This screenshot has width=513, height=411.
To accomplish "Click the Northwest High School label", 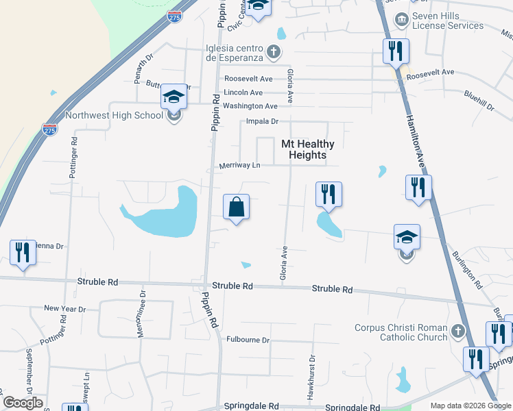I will (x=114, y=115).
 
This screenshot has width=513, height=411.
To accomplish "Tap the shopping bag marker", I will (x=235, y=207).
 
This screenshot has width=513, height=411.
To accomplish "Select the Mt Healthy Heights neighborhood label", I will (x=308, y=149).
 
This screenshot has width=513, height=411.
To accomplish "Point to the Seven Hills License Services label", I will (x=449, y=21).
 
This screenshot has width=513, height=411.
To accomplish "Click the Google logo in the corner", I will (x=23, y=403).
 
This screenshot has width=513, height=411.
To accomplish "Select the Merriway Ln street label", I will (x=239, y=166).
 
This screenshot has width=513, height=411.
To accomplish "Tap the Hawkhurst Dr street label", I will (x=311, y=369).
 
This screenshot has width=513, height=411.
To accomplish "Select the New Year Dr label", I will (x=64, y=309).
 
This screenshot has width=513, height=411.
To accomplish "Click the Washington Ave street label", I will (x=250, y=106).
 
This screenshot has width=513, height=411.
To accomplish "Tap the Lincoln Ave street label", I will (x=243, y=92).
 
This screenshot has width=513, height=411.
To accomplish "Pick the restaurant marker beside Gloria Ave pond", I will (x=329, y=194).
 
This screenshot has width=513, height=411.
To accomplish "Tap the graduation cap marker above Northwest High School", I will (x=174, y=99).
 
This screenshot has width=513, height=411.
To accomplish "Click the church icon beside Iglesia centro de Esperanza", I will (x=273, y=52).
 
